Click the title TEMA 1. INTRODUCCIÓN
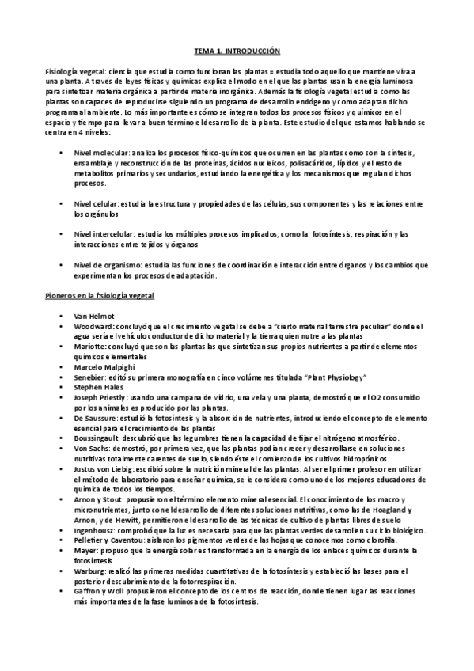coord(237,51)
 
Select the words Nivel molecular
coord(93,152)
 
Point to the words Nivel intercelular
coord(96,235)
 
